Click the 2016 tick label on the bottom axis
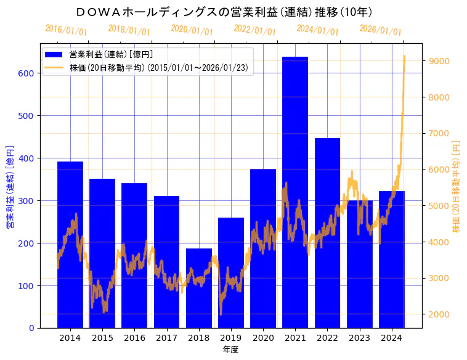[134, 338]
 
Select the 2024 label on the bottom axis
[392, 338]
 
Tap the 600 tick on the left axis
[27, 73]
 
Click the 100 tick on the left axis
[27, 285]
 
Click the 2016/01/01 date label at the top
[66, 30]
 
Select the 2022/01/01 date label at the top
[254, 30]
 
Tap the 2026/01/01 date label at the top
[380, 30]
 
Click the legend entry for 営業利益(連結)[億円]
[111, 54]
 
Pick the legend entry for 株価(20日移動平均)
[159, 68]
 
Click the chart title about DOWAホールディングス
[224, 12]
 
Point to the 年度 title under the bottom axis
[230, 350]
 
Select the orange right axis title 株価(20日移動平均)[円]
[457, 186]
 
